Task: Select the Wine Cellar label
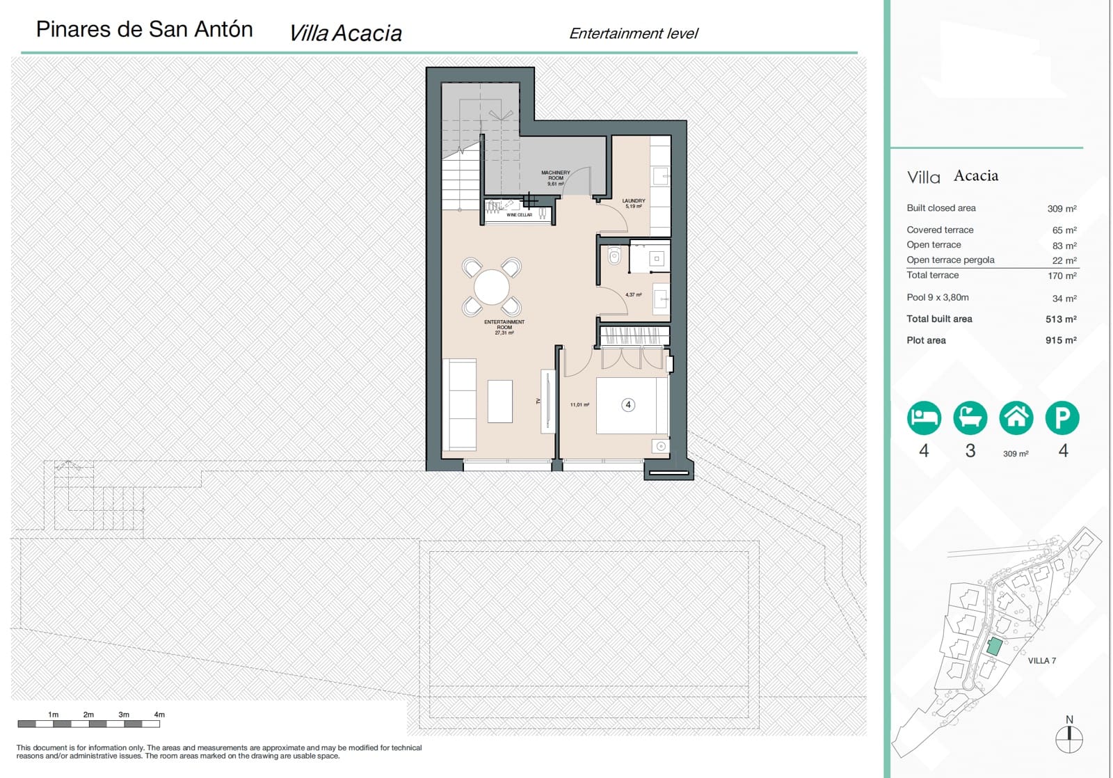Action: coord(519,215)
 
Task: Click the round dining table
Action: coord(492,287)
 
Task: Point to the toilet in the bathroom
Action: coord(614,257)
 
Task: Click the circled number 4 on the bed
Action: coord(628,405)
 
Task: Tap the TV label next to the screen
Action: coord(538,402)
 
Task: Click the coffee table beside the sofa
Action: coord(499,402)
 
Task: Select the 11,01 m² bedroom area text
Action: coord(579,405)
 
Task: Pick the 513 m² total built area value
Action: coord(1061,319)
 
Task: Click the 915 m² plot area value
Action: coord(1061,340)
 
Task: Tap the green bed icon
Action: coord(924,418)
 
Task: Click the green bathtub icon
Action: coord(970,418)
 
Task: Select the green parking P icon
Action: coord(1062,418)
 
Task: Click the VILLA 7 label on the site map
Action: coord(1041,661)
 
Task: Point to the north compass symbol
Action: coord(1069,738)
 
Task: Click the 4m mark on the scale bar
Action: coord(159,715)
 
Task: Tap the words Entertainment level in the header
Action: coord(633,33)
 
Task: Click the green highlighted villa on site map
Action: coord(995,646)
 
